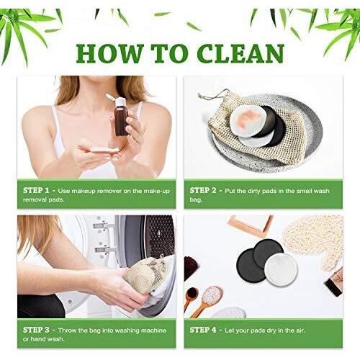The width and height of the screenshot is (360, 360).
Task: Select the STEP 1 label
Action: [x=36, y=191]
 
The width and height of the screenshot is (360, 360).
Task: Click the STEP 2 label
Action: [x=203, y=191]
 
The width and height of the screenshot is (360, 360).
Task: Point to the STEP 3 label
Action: [x=36, y=330]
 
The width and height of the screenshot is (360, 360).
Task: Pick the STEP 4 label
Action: [x=203, y=330]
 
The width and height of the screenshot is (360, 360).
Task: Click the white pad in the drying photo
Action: [x=282, y=269]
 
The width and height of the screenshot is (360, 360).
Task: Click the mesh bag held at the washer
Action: [x=143, y=276]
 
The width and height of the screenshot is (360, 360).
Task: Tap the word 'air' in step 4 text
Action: [x=300, y=330]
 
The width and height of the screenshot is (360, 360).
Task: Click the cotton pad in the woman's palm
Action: [x=104, y=150]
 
